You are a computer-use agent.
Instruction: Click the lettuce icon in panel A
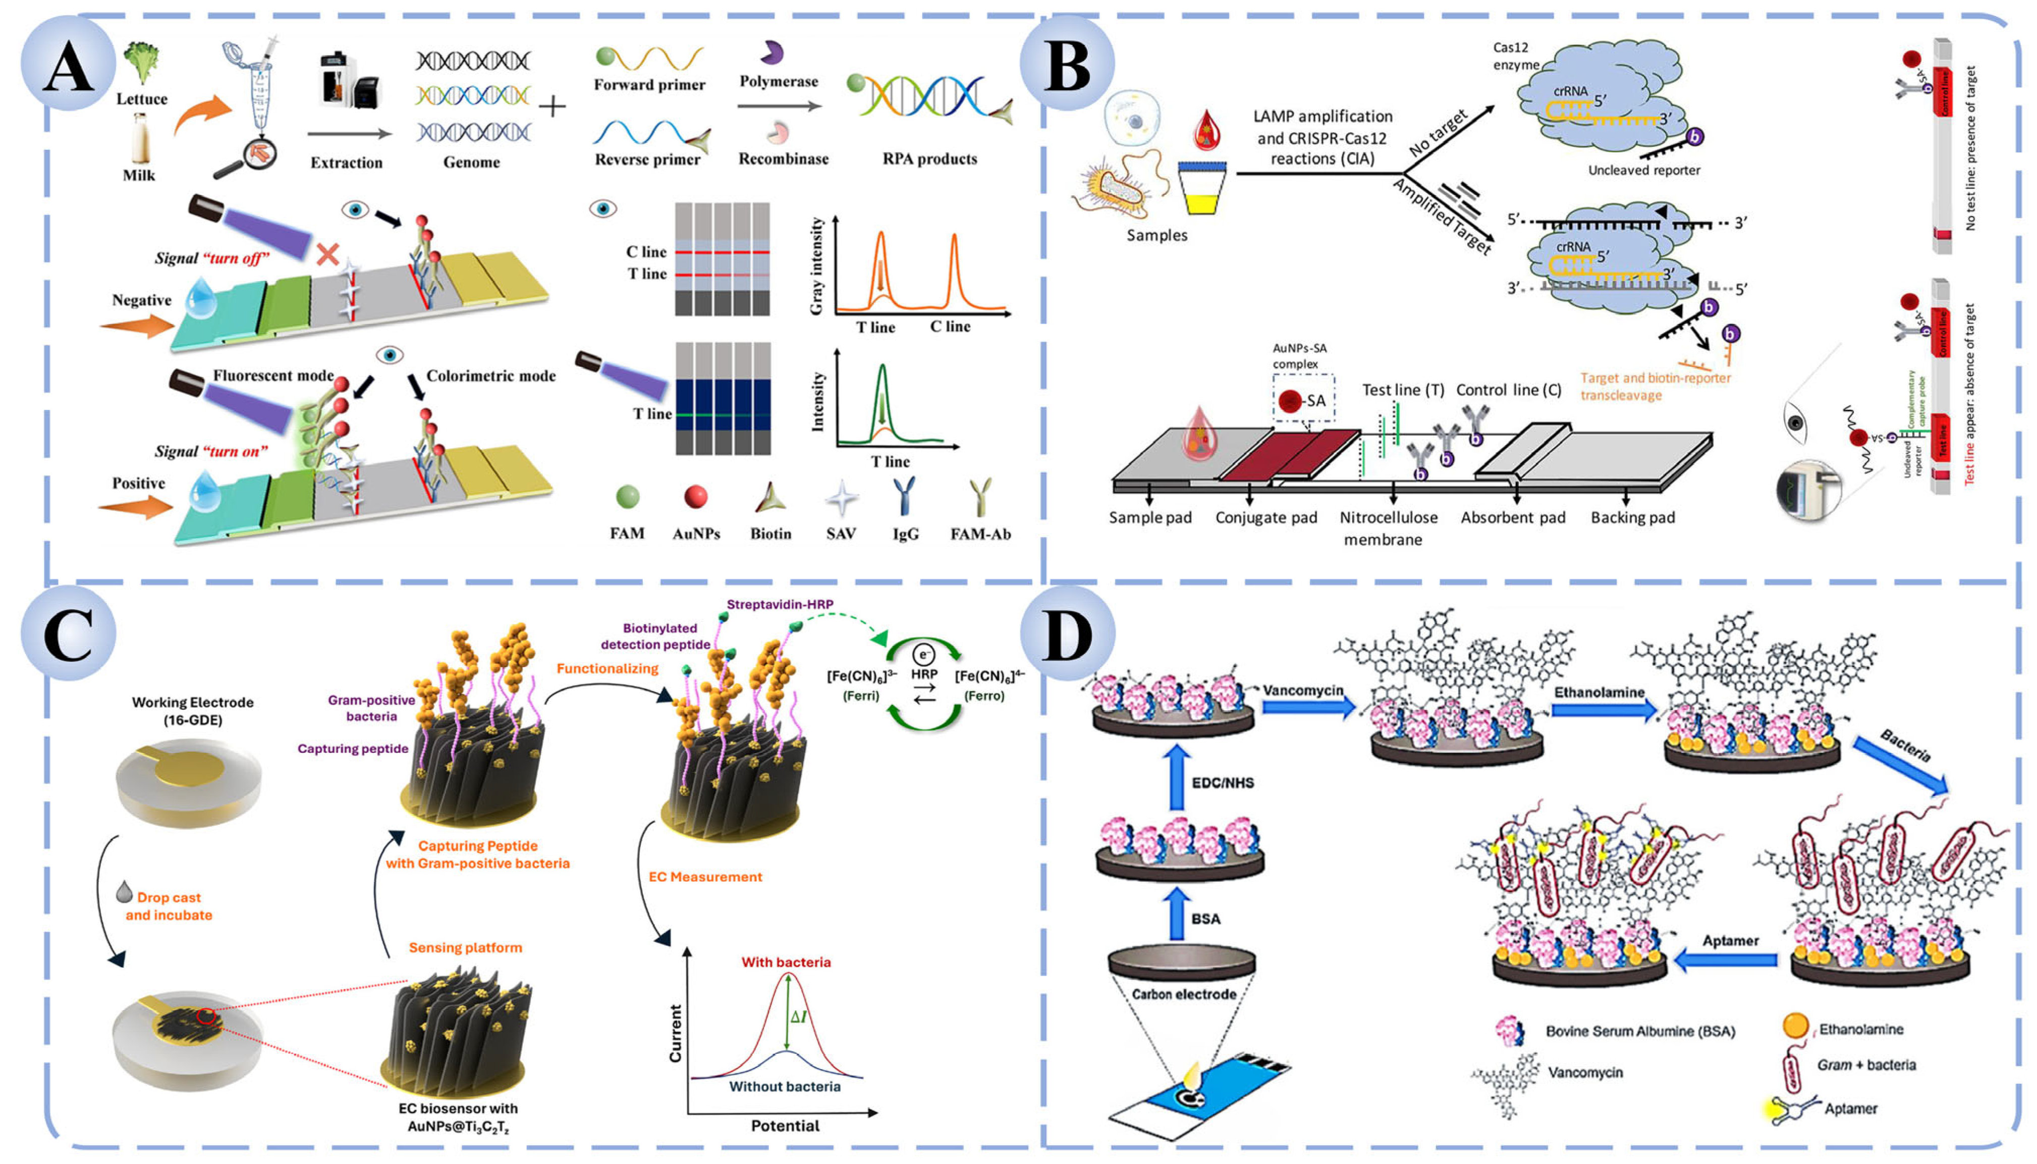tap(141, 62)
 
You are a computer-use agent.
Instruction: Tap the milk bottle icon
tap(140, 137)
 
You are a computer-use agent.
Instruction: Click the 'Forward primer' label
tap(649, 85)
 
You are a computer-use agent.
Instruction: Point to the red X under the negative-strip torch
tap(327, 255)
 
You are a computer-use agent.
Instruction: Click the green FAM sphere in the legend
tap(627, 497)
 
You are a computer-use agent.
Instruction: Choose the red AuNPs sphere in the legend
tap(695, 497)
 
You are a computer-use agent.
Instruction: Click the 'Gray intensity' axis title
tap(816, 266)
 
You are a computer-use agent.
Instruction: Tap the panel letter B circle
tap(1066, 64)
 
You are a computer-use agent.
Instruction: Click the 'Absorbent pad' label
tap(1512, 517)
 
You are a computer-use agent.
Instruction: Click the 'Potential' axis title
tap(784, 1126)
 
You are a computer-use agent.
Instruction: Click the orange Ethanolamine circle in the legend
tap(1795, 1027)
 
